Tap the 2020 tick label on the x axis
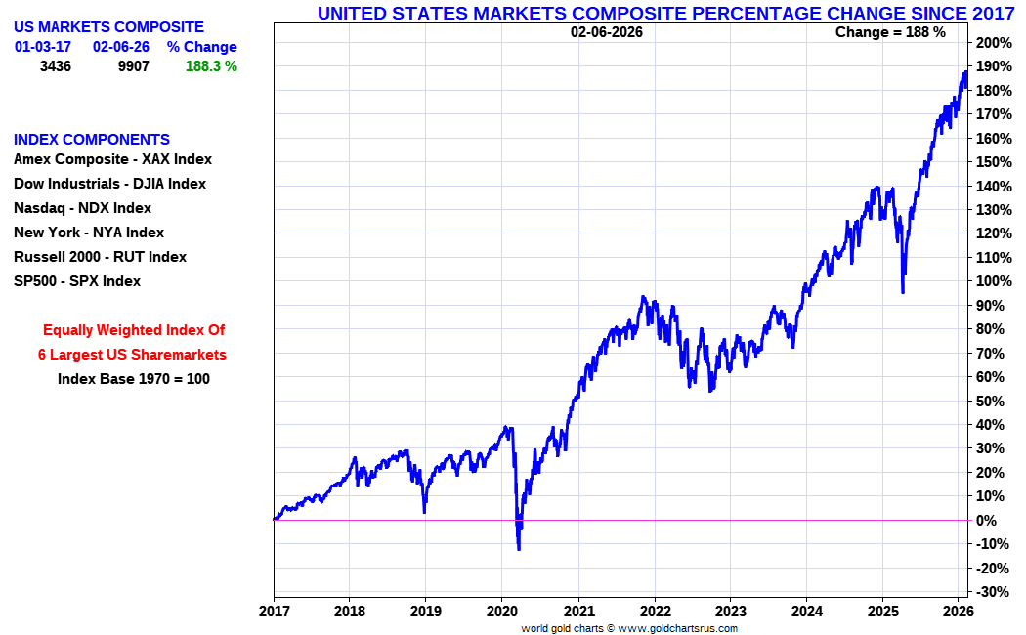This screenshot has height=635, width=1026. pos(501,612)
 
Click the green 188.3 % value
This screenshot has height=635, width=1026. pos(211,66)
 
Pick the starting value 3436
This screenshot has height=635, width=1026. pos(56,66)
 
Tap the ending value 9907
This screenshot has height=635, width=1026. pos(133,66)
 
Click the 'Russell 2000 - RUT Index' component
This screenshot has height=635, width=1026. pos(100,257)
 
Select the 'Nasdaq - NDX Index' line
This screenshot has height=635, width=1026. pos(82,208)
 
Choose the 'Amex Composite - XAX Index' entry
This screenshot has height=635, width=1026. pos(112,159)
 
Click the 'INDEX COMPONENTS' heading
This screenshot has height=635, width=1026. pos(92,140)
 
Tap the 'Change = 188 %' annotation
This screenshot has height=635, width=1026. pos(890,32)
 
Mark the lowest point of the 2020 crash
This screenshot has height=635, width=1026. pos(518,549)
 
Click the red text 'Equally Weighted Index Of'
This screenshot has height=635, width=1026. pos(134,330)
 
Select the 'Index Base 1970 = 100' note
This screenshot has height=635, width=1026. pos(134,379)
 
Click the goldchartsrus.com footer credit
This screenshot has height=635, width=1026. pos(629,628)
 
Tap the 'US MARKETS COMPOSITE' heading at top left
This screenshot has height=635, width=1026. pos(109,27)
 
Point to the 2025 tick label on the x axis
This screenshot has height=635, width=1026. pos(882,612)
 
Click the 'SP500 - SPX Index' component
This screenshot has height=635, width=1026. pos(77,281)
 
